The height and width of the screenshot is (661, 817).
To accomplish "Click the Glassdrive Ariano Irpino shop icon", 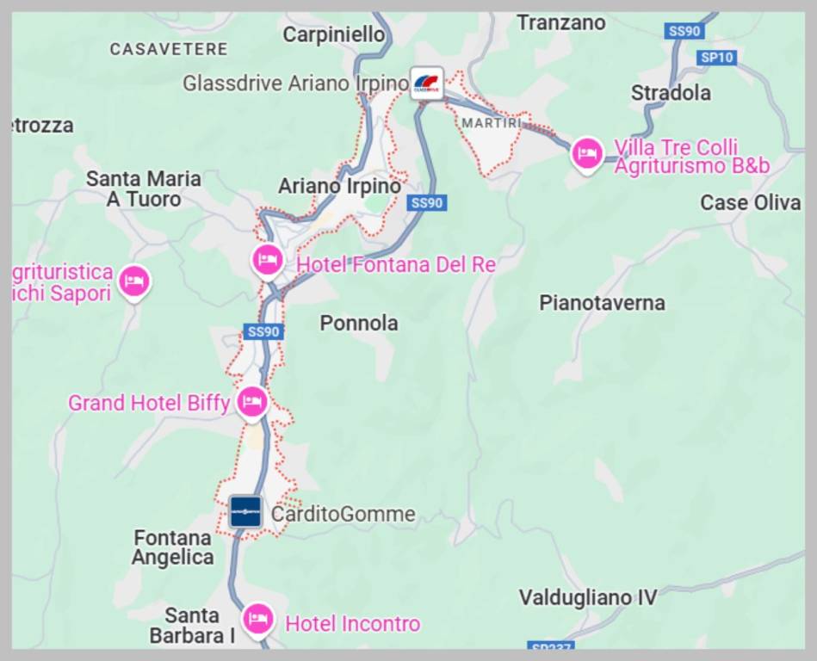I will pyautogui.click(x=426, y=83).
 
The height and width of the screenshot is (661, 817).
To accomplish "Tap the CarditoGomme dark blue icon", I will pyautogui.click(x=245, y=512).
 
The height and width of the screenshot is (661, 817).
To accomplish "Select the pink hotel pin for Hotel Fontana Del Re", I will pyautogui.click(x=268, y=260).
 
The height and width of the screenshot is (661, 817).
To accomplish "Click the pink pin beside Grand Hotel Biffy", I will pyautogui.click(x=251, y=401).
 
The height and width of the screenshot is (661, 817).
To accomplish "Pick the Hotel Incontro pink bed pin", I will pyautogui.click(x=257, y=618).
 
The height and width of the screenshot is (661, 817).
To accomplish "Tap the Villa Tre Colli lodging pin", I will pyautogui.click(x=587, y=153).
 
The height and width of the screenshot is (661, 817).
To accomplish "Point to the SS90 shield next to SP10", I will pyautogui.click(x=684, y=31).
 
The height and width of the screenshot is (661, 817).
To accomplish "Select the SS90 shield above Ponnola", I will pyautogui.click(x=263, y=331).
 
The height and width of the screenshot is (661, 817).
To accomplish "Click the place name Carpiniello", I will pyautogui.click(x=334, y=34).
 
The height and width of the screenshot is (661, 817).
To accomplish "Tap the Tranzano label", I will pyautogui.click(x=560, y=23).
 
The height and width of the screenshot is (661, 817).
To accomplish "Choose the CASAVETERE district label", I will pyautogui.click(x=169, y=50).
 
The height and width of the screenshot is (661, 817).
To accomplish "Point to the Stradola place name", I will pyautogui.click(x=671, y=93).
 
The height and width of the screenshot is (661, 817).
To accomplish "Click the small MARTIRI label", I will pyautogui.click(x=492, y=123).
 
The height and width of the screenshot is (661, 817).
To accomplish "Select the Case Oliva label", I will pyautogui.click(x=750, y=203).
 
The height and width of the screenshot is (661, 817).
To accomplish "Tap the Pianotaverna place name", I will pyautogui.click(x=602, y=303).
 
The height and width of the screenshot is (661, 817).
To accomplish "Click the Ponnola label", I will pyautogui.click(x=359, y=323).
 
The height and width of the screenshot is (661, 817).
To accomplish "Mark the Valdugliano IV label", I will pyautogui.click(x=588, y=597).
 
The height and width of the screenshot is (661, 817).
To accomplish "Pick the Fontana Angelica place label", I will pyautogui.click(x=173, y=547).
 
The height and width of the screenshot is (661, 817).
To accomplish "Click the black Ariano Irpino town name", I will pyautogui.click(x=339, y=186).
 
